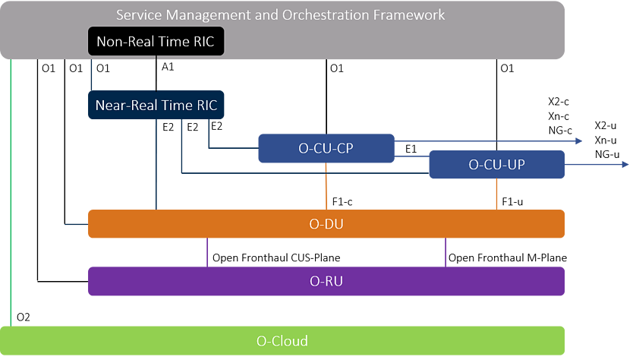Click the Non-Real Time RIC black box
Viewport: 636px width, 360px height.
click(156, 42)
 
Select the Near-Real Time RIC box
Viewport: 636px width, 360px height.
click(156, 105)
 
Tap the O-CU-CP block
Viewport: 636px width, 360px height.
click(326, 148)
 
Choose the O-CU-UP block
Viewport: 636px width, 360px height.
click(496, 164)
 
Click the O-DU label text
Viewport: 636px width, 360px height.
click(326, 224)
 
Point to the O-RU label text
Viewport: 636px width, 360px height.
click(326, 281)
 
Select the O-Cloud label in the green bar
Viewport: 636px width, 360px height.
click(282, 340)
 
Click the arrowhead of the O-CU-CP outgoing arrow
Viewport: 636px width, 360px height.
click(578, 141)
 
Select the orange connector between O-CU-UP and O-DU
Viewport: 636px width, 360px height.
click(497, 194)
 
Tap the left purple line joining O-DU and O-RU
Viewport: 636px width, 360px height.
click(207, 252)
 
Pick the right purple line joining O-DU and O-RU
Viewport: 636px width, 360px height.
click(446, 252)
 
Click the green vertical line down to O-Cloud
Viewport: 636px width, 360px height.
click(11, 190)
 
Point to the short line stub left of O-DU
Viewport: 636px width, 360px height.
click(77, 225)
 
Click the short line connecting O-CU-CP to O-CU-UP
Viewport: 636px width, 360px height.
click(411, 156)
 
